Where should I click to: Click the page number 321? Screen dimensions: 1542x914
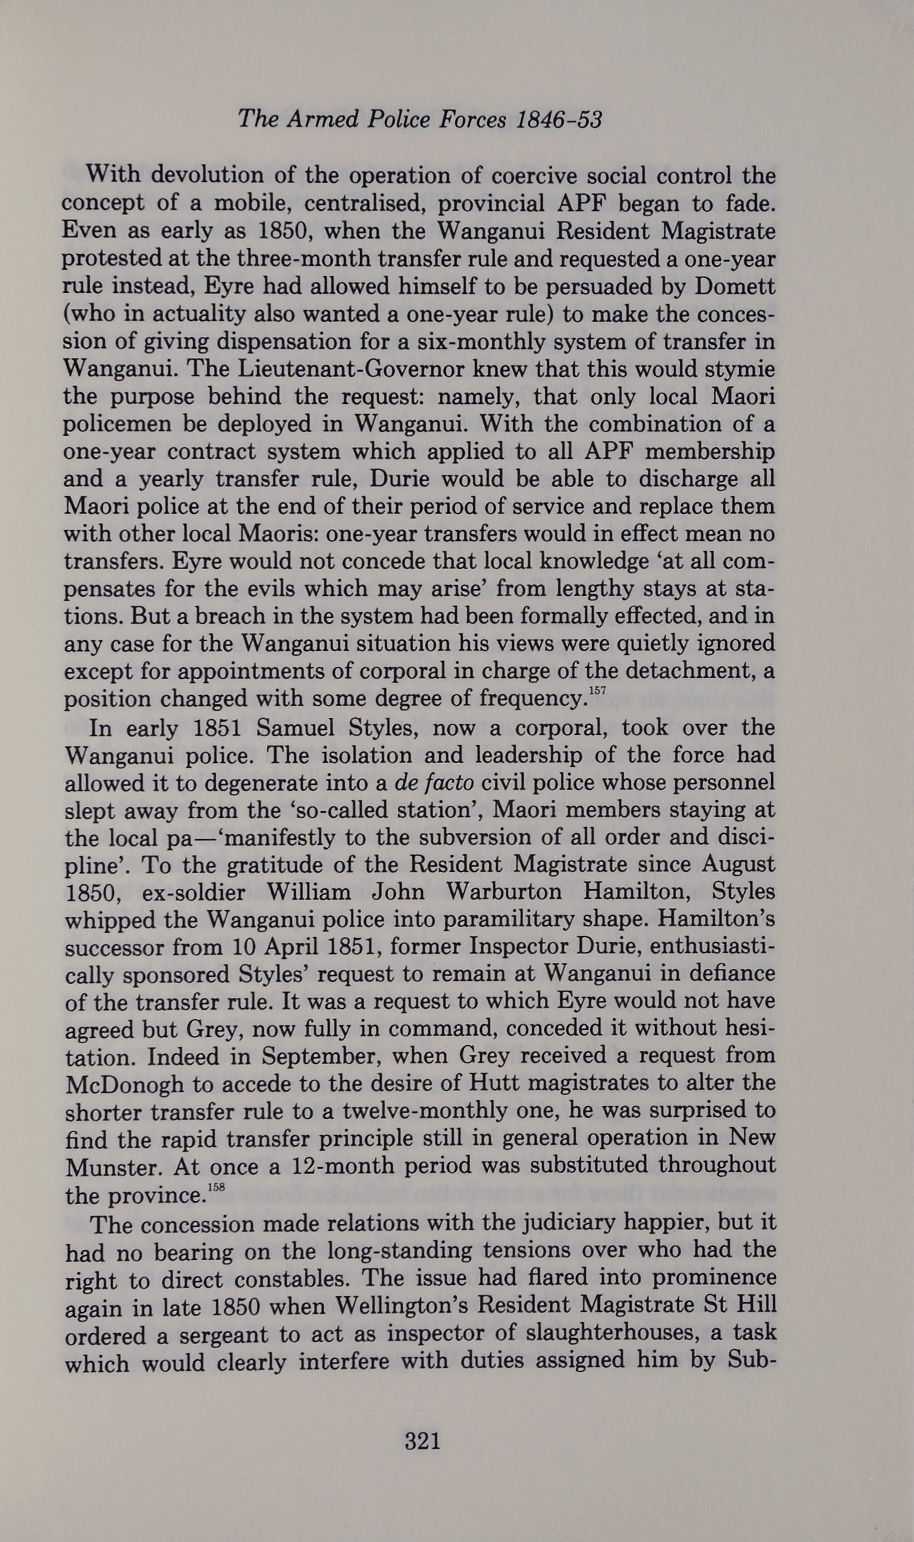pyautogui.click(x=422, y=1442)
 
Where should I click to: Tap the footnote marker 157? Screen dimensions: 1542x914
pyautogui.click(x=597, y=691)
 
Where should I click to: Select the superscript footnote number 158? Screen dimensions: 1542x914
pyautogui.click(x=216, y=1187)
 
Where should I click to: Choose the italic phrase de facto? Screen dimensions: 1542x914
pyautogui.click(x=434, y=783)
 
